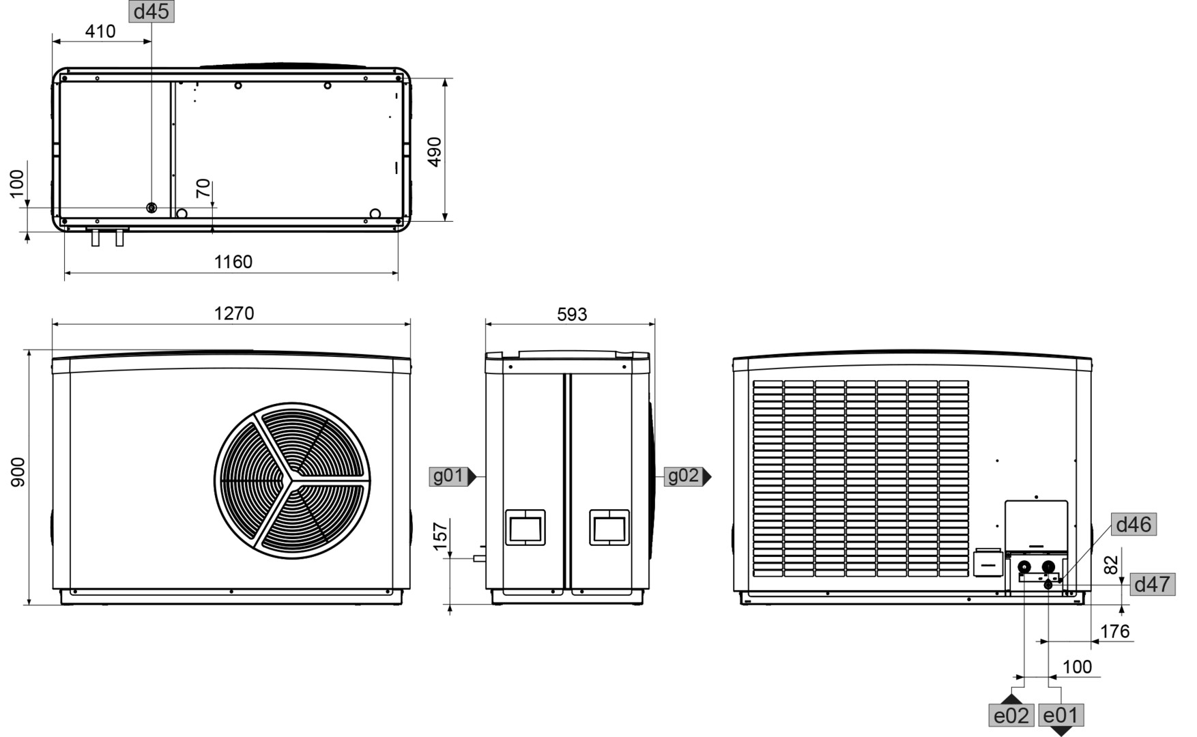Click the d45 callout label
point(152,12)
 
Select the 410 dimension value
point(100,31)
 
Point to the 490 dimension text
point(435,151)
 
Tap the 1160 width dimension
point(233,262)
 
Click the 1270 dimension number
point(234,313)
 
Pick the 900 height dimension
point(18,472)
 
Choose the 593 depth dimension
point(572,315)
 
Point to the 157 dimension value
point(441,536)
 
